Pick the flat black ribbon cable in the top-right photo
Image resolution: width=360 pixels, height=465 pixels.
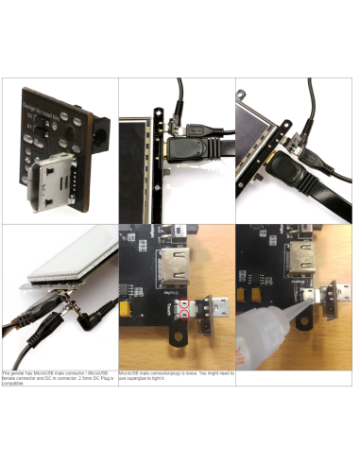click(x=312, y=202)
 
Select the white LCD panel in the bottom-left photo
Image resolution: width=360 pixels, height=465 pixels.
click(x=71, y=254)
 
